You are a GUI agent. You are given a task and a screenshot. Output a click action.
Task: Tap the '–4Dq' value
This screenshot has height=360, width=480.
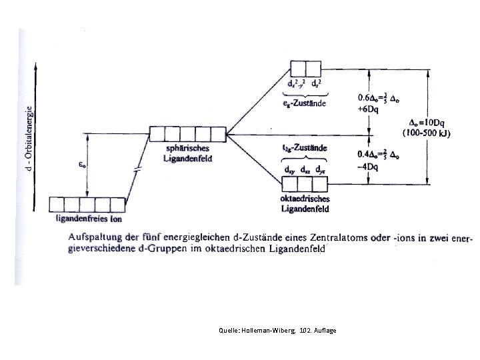(x=369, y=166)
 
